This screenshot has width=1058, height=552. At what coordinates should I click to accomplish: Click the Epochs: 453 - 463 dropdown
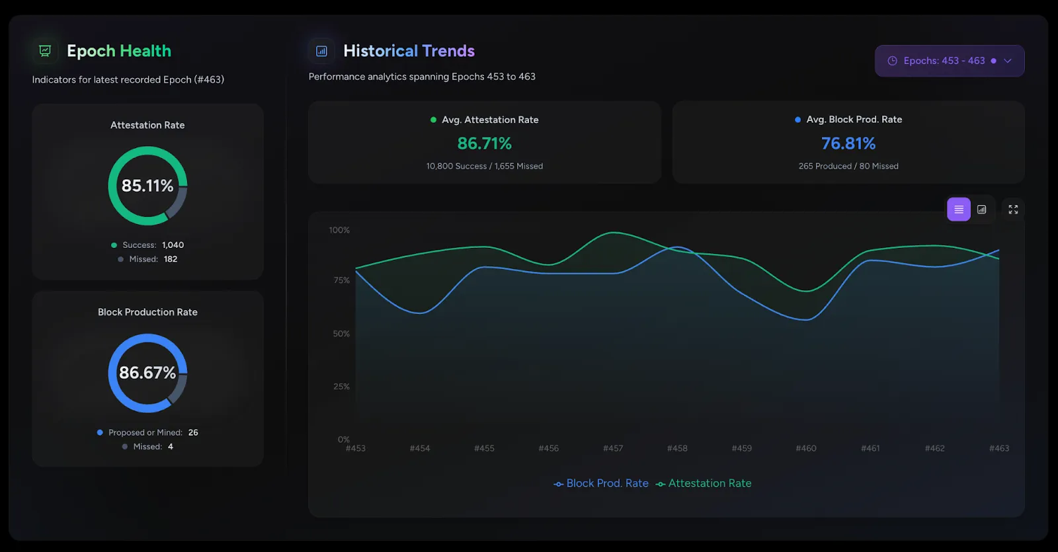tap(949, 61)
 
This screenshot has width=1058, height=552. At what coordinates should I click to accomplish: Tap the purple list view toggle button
tap(958, 210)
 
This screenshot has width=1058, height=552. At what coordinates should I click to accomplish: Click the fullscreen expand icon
tap(1012, 210)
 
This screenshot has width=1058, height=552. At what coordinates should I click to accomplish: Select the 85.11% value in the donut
tap(147, 186)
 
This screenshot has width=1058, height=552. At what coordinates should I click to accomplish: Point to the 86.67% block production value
tap(147, 373)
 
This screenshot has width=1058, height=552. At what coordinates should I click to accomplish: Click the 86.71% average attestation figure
tap(484, 143)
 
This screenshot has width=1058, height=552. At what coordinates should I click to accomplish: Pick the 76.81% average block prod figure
tap(848, 143)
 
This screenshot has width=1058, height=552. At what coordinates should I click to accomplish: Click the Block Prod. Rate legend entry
tap(601, 483)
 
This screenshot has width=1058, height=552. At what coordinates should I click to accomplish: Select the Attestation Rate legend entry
tap(704, 483)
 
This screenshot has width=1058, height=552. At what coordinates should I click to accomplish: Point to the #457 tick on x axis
tap(613, 448)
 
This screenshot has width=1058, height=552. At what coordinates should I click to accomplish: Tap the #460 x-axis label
tap(806, 448)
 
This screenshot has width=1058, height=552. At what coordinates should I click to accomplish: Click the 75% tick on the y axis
tap(341, 280)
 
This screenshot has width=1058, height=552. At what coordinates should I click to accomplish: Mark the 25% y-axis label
tap(341, 387)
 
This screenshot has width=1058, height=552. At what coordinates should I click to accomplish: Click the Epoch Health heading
tap(119, 51)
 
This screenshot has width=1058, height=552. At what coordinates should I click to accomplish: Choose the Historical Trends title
tap(409, 51)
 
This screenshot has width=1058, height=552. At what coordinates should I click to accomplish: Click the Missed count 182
tap(171, 259)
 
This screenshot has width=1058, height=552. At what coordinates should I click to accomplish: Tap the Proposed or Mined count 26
tap(193, 432)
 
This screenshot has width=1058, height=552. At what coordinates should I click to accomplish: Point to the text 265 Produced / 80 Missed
tap(848, 166)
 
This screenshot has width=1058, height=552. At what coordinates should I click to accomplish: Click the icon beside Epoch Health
tap(45, 51)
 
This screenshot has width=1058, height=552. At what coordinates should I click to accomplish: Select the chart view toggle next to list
tap(981, 210)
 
